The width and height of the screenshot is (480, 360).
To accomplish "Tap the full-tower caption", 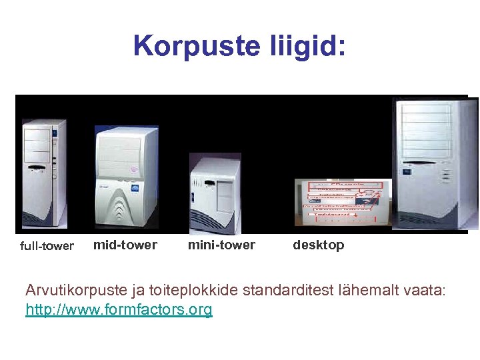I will coord(47,246).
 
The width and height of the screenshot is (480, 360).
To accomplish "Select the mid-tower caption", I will coord(125,245).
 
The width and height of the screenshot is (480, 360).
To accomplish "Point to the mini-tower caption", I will coord(221,245).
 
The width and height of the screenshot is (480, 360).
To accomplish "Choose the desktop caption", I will coord(319,245).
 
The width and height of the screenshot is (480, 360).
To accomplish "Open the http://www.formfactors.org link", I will coord(119,309).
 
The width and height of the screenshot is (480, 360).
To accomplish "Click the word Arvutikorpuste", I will coord(79,291).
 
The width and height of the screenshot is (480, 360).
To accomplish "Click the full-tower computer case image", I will coord(44,175).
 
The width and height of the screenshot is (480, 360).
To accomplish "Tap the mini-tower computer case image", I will coord(215,193).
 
